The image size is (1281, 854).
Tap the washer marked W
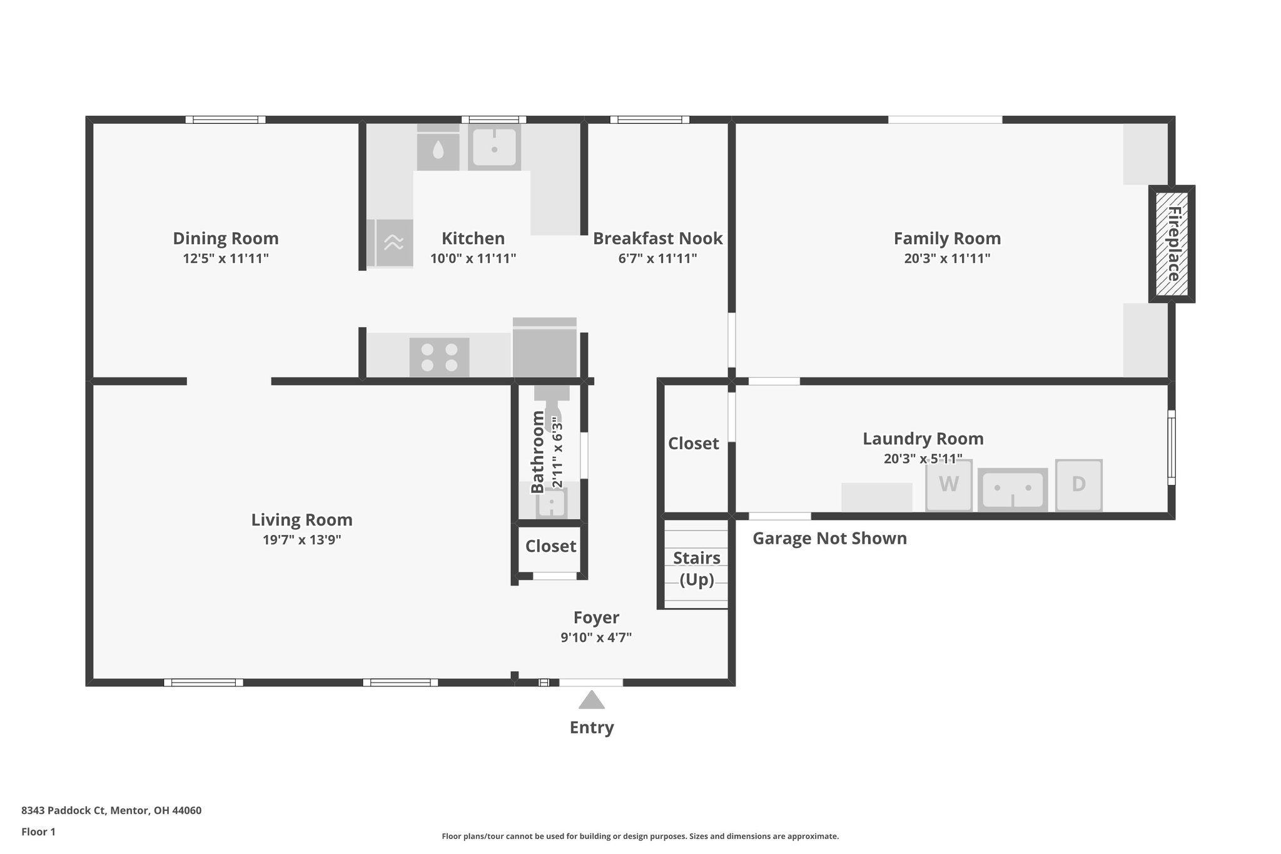click(949, 485)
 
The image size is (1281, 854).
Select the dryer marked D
click(1078, 485)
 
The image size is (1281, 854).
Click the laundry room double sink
click(1013, 489)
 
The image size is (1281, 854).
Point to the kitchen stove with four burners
click(439, 357)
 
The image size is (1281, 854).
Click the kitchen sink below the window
click(494, 148)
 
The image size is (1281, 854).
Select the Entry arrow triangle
click(591, 700)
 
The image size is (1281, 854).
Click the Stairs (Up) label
click(696, 568)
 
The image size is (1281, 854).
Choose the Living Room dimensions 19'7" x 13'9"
click(301, 540)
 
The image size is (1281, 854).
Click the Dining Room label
click(225, 238)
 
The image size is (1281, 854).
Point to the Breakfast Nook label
click(657, 238)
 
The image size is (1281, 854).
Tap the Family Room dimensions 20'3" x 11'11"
click(947, 258)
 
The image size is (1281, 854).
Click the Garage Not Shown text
click(829, 538)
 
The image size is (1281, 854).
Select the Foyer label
click(596, 618)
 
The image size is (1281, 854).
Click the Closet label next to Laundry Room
click(693, 443)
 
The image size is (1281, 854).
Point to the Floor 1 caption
click(38, 831)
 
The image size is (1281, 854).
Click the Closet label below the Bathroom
click(550, 546)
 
